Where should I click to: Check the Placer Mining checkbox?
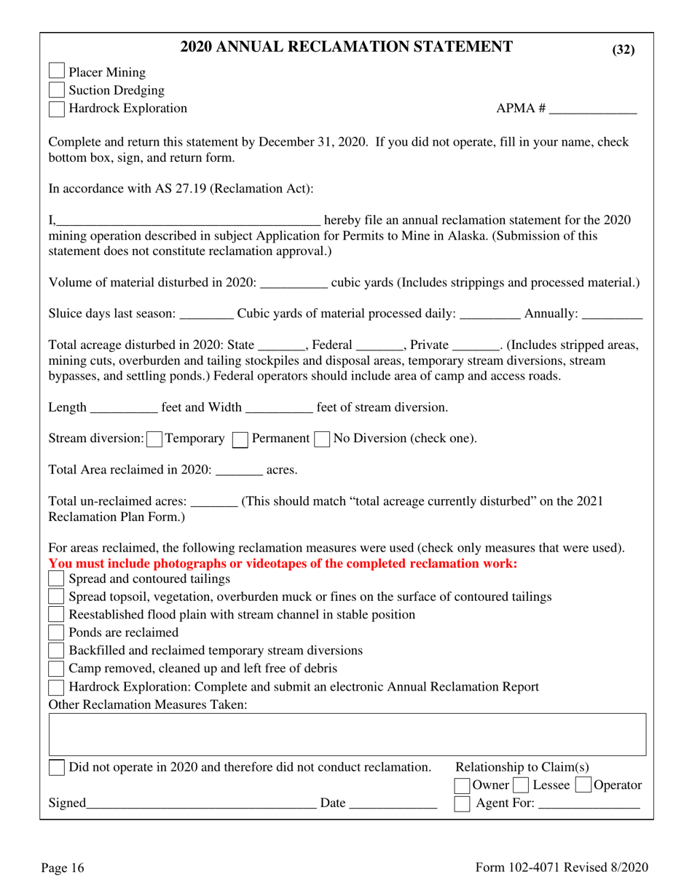[x=56, y=71]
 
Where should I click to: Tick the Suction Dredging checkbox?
[x=56, y=90]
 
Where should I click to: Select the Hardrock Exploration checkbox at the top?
[x=56, y=109]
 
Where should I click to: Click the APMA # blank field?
[x=593, y=109]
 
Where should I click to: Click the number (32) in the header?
[x=623, y=50]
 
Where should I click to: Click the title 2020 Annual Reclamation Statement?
[x=346, y=47]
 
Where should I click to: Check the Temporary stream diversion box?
[x=154, y=439]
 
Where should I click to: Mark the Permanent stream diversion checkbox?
[x=240, y=439]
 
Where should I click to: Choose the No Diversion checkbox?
[x=322, y=439]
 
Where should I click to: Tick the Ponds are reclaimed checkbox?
[x=56, y=632]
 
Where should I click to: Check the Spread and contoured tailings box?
[x=56, y=578]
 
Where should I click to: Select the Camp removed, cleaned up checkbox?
[x=56, y=668]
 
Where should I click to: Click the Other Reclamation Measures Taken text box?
[x=347, y=734]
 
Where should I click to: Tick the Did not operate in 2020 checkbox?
[x=56, y=767]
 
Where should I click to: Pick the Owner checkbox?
[x=462, y=785]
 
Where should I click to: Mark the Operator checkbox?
[x=583, y=785]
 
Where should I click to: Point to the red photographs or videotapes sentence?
[x=283, y=563]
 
